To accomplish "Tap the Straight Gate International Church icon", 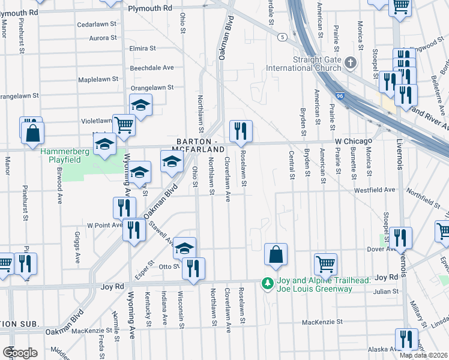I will (352, 62).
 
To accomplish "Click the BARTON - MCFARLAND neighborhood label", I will (200, 144).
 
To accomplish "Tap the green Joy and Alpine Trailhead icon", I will (265, 282).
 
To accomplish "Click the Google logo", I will (20, 352).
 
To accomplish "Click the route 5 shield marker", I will (281, 37).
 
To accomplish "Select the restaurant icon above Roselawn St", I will (241, 131).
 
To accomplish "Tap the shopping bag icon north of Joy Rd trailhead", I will (275, 253).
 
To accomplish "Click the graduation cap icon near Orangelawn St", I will (141, 106).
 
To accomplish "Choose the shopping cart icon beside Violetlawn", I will (124, 125).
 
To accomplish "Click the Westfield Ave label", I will (374, 190).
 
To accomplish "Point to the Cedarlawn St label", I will (97, 25).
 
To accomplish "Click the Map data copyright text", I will (423, 355).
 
